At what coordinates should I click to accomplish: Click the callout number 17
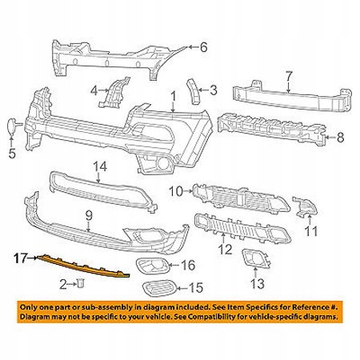(20, 258)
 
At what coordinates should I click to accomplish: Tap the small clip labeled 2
(81, 282)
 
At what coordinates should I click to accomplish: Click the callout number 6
(203, 47)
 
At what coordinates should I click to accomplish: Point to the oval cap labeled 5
(12, 126)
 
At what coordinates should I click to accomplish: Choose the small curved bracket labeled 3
(194, 91)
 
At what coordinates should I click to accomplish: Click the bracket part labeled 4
(114, 92)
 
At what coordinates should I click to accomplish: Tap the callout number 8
(340, 138)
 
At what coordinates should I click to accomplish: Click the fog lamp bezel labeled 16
(152, 265)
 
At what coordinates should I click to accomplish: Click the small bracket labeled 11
(305, 206)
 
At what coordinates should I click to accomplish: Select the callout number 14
(100, 166)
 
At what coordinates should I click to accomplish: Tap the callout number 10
(177, 191)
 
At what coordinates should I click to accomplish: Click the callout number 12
(226, 250)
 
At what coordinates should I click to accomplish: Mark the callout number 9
(89, 215)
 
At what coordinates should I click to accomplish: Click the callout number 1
(174, 97)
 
